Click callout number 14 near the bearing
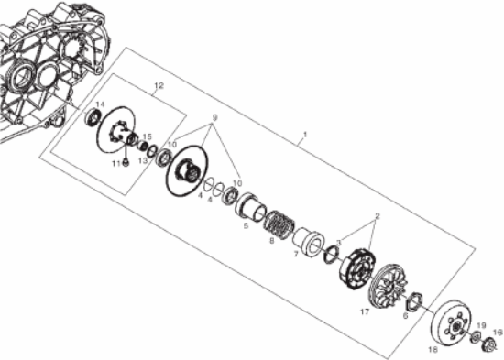pos(99,104)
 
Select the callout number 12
pos(159,85)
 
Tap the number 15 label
pos(147,137)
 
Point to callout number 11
pos(115,163)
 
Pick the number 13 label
pos(142,159)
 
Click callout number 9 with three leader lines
pos(215,119)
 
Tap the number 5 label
pos(246,225)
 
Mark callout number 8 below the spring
pos(271,241)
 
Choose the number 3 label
pos(337,241)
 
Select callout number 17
pos(364,311)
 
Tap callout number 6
pos(405,314)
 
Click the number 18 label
pos(434,349)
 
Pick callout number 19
pos(481,325)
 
